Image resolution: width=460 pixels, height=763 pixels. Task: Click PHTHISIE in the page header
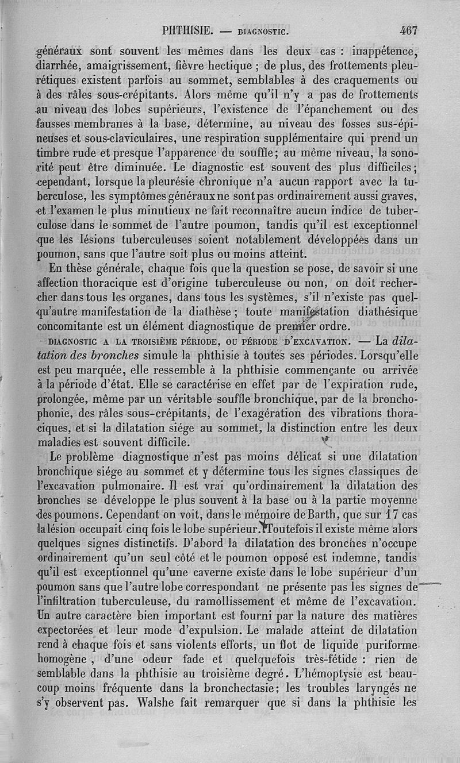pos(189,29)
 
